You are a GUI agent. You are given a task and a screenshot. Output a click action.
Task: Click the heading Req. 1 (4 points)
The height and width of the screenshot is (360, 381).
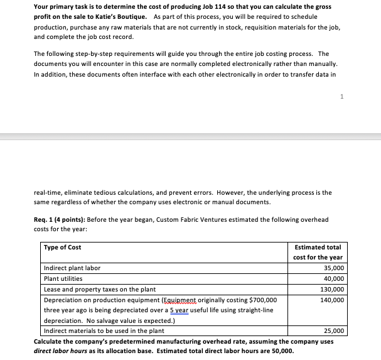[x=63, y=219]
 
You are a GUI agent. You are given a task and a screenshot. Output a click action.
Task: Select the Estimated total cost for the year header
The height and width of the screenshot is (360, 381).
[x=317, y=253]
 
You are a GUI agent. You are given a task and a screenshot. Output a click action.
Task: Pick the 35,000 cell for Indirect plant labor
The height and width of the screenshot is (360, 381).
[x=333, y=268]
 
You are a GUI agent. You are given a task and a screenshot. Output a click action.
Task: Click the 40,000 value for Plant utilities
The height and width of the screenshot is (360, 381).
[x=333, y=279]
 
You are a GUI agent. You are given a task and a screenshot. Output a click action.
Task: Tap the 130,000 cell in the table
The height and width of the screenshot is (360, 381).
[x=331, y=290]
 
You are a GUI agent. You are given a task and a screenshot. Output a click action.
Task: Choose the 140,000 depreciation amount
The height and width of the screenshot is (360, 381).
[x=331, y=300]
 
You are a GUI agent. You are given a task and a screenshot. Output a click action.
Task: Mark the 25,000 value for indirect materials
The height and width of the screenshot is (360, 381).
[x=333, y=330]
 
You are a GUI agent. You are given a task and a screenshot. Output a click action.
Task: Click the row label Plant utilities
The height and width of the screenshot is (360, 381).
[x=63, y=279]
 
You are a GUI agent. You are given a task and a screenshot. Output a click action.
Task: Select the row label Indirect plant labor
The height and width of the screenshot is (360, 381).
[x=72, y=268]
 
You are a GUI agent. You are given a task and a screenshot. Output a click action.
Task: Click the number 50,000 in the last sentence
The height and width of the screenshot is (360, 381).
[x=280, y=351]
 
